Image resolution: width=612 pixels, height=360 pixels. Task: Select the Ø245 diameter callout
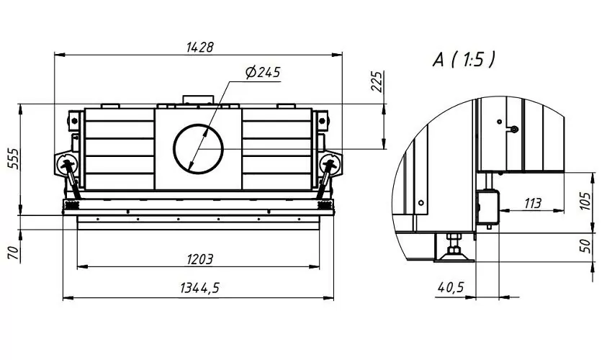[262, 72]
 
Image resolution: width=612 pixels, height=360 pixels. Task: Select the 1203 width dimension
[198, 258]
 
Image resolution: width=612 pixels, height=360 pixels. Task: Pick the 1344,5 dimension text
[199, 288]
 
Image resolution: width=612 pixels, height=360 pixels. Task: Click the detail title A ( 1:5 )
[464, 60]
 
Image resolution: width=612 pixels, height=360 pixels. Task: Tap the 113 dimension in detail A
[532, 203]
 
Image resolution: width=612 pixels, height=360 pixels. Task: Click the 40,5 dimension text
[450, 287]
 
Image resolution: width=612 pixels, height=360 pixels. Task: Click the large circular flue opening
[198, 148]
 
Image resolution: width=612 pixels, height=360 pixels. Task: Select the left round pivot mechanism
[67, 163]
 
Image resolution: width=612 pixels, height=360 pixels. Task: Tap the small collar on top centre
[197, 100]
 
